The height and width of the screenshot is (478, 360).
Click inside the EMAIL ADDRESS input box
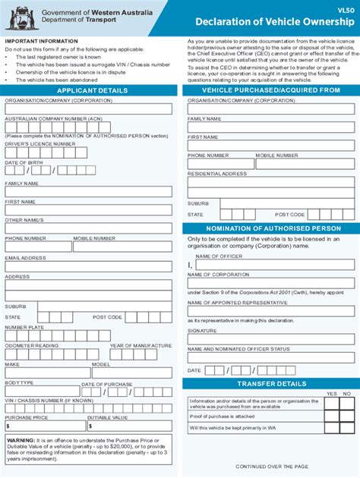pyautogui.click(x=88, y=266)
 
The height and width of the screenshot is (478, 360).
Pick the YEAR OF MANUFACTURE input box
pyautogui.click(x=141, y=354)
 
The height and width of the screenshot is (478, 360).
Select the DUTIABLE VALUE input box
pyautogui.click(x=129, y=426)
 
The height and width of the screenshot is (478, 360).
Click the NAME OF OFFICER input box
pyautogui.click(x=275, y=265)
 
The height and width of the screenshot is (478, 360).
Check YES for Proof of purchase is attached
pyautogui.click(x=331, y=417)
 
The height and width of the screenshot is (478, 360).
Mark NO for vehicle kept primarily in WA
pyautogui.click(x=348, y=427)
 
